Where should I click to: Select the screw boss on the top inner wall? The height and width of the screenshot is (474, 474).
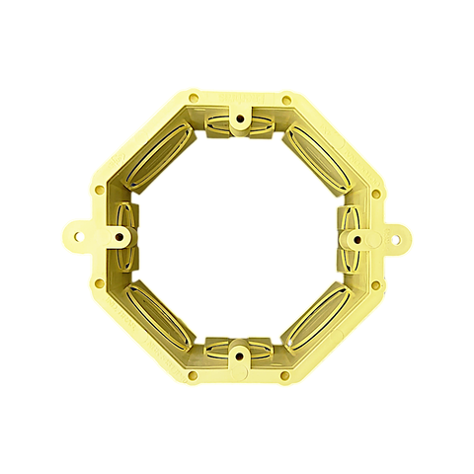pyautogui.click(x=238, y=118)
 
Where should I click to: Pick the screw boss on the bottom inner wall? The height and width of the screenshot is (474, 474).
pyautogui.click(x=238, y=353)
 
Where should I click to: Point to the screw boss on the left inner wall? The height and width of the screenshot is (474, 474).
pyautogui.click(x=119, y=237)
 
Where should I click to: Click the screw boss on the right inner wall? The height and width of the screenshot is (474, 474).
pyautogui.click(x=355, y=237)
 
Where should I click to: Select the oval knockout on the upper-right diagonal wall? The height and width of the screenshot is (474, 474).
pyautogui.click(x=318, y=155)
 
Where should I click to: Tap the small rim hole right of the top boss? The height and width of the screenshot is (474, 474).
pyautogui.click(x=285, y=99)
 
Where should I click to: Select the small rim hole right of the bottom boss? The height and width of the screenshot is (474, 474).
pyautogui.click(x=285, y=375)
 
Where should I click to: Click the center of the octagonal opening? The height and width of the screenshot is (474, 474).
pyautogui.click(x=237, y=237)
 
